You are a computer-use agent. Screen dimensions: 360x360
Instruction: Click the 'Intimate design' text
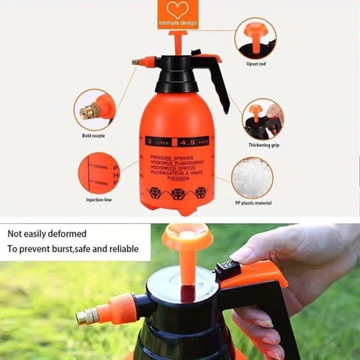[177, 24]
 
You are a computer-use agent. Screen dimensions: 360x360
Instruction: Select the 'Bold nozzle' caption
[94, 135]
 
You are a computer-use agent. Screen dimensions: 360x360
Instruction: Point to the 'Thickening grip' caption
[264, 145]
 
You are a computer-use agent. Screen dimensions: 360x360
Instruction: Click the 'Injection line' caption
[99, 199]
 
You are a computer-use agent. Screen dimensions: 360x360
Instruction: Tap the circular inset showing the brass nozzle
[94, 109]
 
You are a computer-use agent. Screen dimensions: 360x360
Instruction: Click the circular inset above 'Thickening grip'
[262, 119]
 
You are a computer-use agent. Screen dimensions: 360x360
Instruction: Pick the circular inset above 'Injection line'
[99, 173]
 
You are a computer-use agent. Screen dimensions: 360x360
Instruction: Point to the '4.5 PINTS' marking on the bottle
[193, 141]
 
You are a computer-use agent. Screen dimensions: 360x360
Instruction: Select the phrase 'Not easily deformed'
[48, 233]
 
